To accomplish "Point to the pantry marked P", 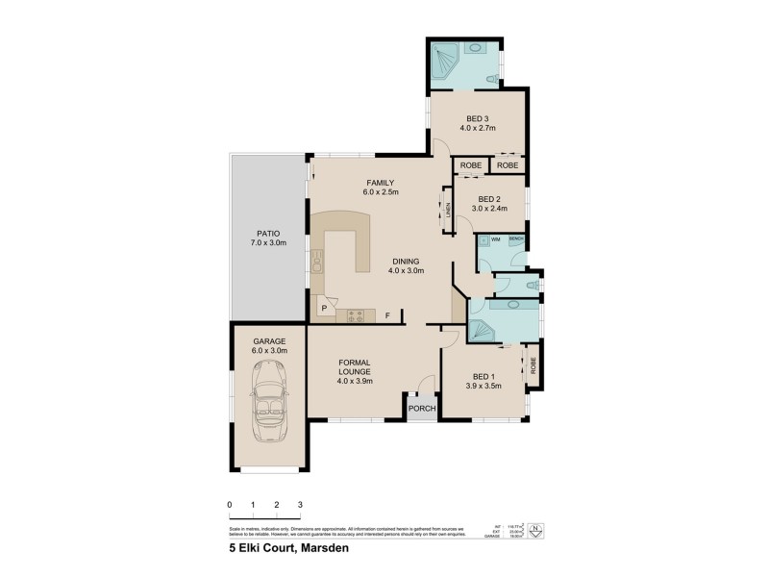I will coord(324,310).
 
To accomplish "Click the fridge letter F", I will coord(388,314).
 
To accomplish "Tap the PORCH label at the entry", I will coord(422,409).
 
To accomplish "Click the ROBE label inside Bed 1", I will coord(533,366).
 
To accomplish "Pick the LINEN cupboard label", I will coord(448,211).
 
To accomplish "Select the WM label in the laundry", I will coord(496,238).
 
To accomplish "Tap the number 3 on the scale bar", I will coord(300,504).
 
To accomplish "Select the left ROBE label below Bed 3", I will coord(470,165).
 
